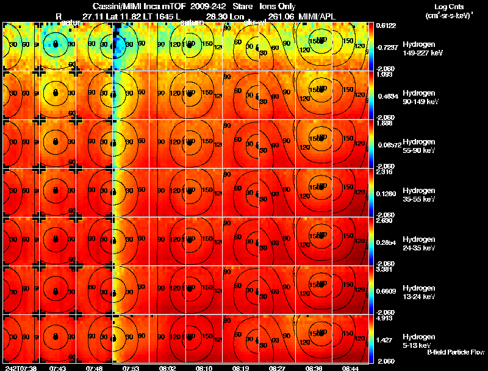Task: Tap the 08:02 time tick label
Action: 168,368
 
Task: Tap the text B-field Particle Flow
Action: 455,352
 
